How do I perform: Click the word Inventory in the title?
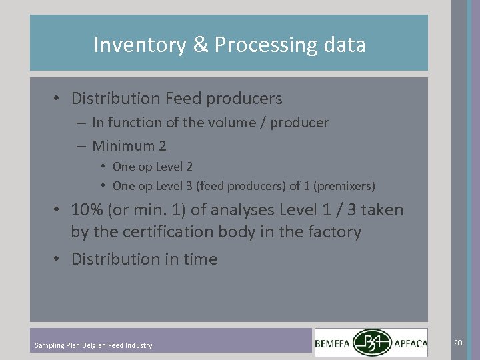pyautogui.click(x=131, y=45)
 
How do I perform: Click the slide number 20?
pyautogui.click(x=457, y=342)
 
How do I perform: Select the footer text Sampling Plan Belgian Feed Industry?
pyautogui.click(x=93, y=345)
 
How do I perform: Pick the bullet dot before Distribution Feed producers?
pyautogui.click(x=59, y=99)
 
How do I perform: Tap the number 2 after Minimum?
pyautogui.click(x=162, y=145)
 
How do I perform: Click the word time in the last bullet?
pyautogui.click(x=200, y=259)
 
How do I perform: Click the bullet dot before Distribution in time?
pyautogui.click(x=59, y=259)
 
